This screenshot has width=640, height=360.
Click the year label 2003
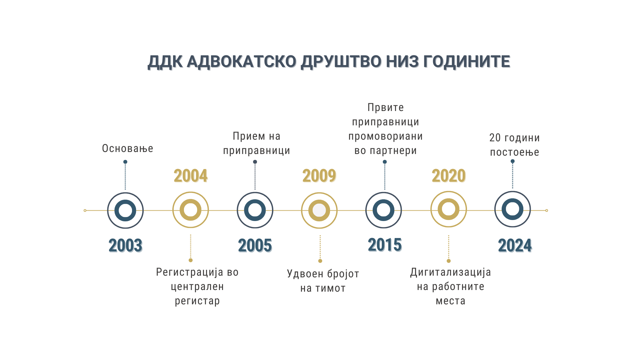[x=126, y=246]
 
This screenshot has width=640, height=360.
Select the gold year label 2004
[x=191, y=176]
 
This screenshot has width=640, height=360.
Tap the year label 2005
[x=255, y=246]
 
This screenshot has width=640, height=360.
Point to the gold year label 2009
[x=319, y=176]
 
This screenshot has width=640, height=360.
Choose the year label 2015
[x=385, y=245]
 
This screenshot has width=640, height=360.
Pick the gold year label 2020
[x=449, y=176]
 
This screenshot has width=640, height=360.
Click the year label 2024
[x=515, y=246]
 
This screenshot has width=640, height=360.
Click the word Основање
[x=128, y=149]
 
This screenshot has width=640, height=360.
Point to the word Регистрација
[x=190, y=272]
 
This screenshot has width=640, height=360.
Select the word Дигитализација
[x=451, y=272]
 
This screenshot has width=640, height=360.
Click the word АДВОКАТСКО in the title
[x=241, y=62]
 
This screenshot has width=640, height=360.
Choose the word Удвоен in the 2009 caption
[x=305, y=274]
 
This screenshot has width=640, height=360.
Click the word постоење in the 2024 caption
[x=515, y=152]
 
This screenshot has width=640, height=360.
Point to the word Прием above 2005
[x=249, y=136]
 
